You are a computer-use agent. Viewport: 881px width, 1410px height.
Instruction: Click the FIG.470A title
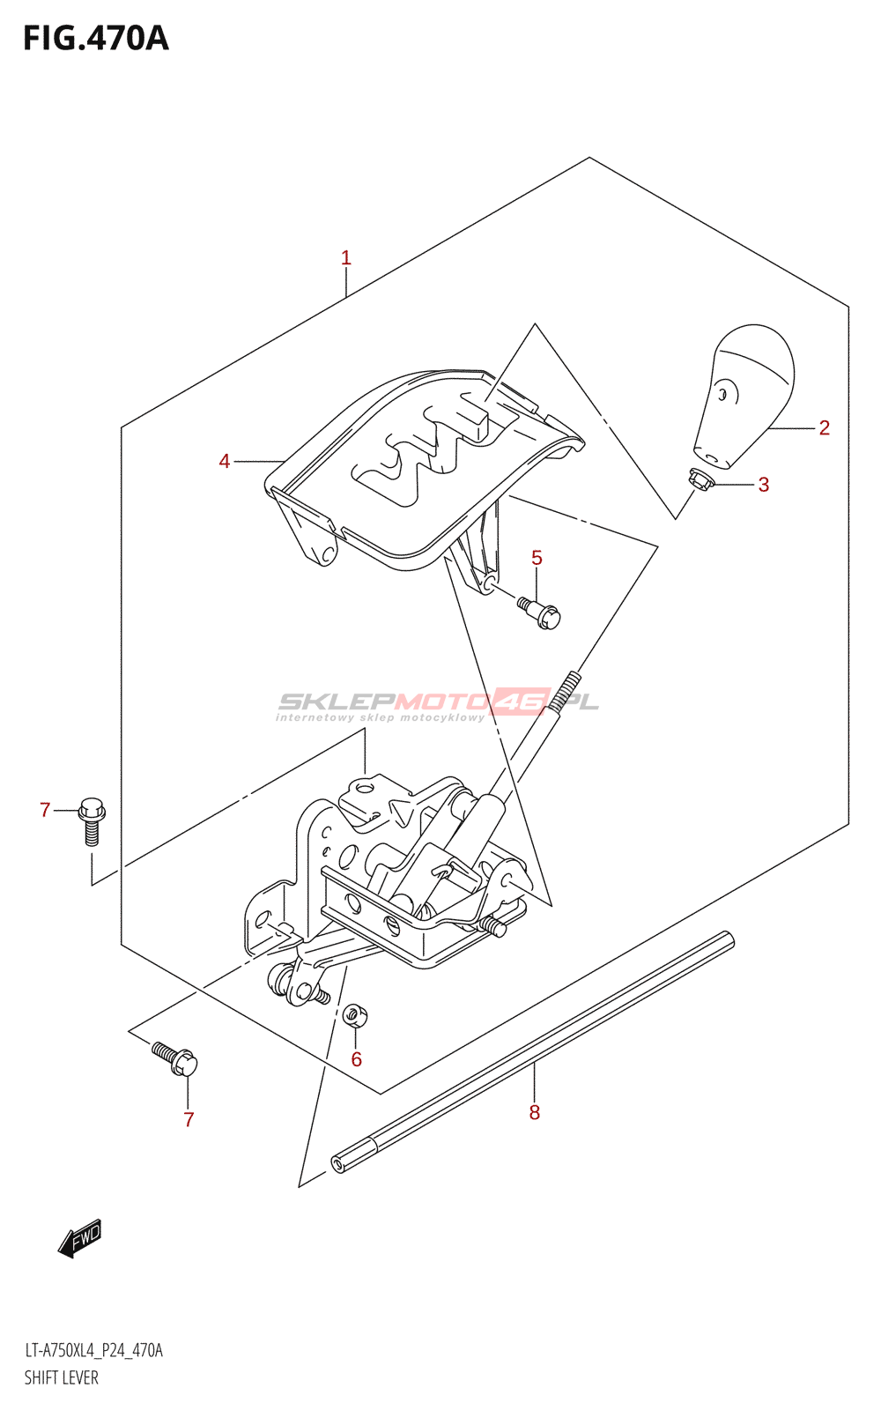[95, 39]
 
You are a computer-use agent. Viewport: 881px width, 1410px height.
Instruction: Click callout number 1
[346, 258]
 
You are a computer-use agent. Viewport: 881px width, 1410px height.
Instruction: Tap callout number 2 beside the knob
[824, 428]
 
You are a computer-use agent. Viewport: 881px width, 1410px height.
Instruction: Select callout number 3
[763, 485]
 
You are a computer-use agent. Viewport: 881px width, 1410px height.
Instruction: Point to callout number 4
[225, 461]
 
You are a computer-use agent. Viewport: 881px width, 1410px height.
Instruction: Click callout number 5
[537, 558]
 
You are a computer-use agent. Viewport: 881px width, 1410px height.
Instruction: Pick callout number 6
[356, 1059]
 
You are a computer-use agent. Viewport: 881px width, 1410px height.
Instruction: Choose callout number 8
[534, 1113]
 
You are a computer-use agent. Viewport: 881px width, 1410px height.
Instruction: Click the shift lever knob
[747, 392]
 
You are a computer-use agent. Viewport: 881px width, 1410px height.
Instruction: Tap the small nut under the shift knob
[700, 479]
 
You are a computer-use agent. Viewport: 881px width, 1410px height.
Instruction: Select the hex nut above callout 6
[355, 1016]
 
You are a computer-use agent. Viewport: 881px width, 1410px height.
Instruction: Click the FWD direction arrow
[80, 1238]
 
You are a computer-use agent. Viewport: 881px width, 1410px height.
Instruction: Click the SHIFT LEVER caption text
[61, 1378]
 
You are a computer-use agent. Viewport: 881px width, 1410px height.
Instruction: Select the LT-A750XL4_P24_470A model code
[93, 1351]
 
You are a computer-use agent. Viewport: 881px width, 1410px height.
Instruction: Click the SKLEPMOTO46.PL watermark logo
[438, 704]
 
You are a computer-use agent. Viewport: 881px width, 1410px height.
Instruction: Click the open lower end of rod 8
[337, 1164]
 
